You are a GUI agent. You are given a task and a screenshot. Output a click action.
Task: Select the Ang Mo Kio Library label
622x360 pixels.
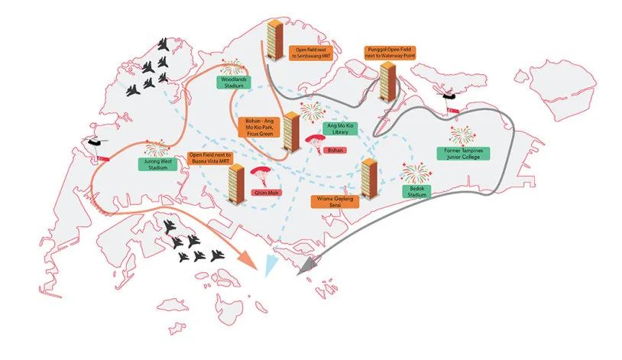point(341,128)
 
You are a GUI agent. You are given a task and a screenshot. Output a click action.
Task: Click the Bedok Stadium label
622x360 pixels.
point(416,190)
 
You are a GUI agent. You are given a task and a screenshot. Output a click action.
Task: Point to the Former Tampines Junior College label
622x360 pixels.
point(463,154)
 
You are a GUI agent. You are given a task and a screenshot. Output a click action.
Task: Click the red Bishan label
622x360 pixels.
point(332,151)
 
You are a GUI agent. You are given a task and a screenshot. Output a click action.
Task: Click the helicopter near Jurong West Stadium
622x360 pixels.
point(95,143)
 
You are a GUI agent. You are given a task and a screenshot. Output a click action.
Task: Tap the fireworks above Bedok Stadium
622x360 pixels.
point(414,171)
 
